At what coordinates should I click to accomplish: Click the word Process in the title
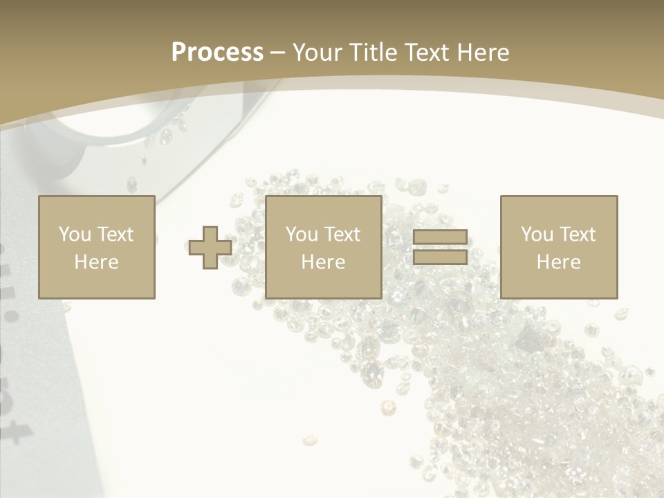tap(217, 53)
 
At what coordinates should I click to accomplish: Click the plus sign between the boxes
tap(210, 248)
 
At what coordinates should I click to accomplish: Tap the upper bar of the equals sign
tap(440, 237)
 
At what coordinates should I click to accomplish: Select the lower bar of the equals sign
tap(440, 257)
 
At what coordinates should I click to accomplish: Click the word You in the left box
tap(74, 234)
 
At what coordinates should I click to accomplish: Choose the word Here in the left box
tap(96, 262)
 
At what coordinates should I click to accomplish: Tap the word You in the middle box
tap(302, 234)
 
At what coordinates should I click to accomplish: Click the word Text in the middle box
tap(342, 234)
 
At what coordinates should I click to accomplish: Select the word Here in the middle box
tap(324, 262)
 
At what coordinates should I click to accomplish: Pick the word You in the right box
tap(537, 234)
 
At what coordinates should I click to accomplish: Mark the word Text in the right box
tap(577, 234)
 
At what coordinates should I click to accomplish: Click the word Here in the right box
tap(559, 262)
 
